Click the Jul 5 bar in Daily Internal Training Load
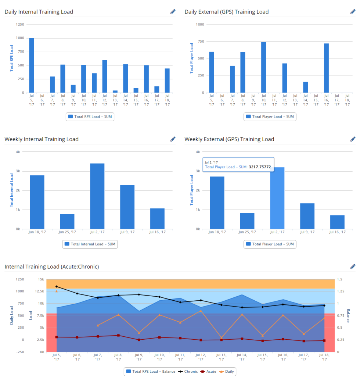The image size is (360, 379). point(32,65)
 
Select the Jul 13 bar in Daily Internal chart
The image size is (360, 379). point(115,91)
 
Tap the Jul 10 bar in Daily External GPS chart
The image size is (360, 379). point(263,67)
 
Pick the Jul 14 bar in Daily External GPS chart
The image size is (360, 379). point(305,87)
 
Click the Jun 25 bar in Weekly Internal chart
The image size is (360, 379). point(67,221)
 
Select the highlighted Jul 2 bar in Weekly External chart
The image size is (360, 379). point(277,199)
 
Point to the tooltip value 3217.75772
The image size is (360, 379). point(260,167)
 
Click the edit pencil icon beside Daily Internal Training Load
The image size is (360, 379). point(173,12)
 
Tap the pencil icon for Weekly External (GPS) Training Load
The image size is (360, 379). point(353,139)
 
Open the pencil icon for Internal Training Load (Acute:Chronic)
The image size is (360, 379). point(353,266)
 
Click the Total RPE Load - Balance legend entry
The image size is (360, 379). point(150,371)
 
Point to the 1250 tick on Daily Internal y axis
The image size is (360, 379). point(20,25)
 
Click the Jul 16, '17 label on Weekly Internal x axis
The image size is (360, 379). point(157,232)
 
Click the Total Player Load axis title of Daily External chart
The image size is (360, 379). point(191,58)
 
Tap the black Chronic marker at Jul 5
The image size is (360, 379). point(57,286)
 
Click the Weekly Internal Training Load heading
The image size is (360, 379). point(42,139)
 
